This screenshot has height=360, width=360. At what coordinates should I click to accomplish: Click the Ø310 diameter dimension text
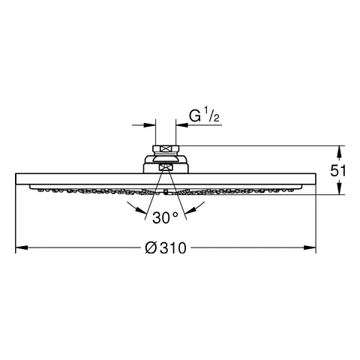166,247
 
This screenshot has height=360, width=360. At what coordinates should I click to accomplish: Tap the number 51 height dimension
337,171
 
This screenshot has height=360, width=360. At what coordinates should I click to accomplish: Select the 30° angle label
165,217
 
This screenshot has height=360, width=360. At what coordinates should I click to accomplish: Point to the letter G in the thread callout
195,116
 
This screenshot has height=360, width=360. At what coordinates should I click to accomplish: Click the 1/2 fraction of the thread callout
211,114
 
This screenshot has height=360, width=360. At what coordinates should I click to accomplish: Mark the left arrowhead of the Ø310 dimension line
22,247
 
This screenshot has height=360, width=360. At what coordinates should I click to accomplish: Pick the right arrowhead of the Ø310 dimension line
310,247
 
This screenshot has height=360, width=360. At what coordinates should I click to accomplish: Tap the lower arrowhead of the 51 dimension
339,189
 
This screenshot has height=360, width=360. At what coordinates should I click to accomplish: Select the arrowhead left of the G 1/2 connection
150,124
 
